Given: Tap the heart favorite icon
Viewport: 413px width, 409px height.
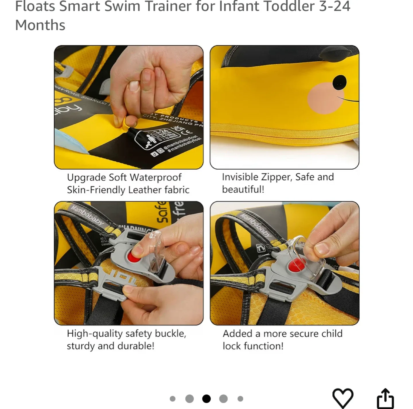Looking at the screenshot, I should pyautogui.click(x=342, y=398).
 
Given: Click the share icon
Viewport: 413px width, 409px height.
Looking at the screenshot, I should pyautogui.click(x=385, y=399).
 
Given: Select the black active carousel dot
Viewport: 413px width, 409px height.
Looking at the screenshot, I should pyautogui.click(x=206, y=399).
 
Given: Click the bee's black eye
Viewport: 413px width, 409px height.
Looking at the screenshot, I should pyautogui.click(x=340, y=82).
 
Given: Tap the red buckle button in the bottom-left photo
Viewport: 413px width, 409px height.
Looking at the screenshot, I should pyautogui.click(x=134, y=257).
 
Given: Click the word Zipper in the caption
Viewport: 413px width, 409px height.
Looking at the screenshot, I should pyautogui.click(x=277, y=177).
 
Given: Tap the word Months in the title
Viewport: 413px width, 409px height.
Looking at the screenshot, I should pyautogui.click(x=40, y=25).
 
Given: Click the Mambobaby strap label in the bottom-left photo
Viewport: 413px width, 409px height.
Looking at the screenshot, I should pyautogui.click(x=87, y=215).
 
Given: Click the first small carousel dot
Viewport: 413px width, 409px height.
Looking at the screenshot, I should pyautogui.click(x=172, y=399).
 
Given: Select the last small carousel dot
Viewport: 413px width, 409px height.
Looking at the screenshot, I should pyautogui.click(x=240, y=399).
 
